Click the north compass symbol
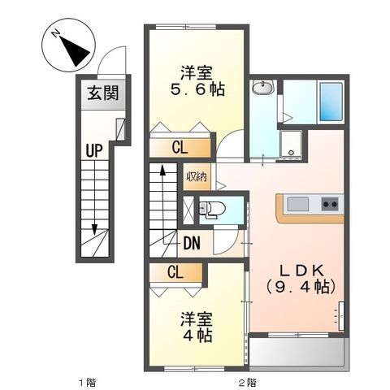[x=68, y=45]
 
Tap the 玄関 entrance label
[x=103, y=93]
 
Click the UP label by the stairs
[x=94, y=150]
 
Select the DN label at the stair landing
[x=192, y=243]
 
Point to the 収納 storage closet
[x=197, y=176]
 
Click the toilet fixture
[x=212, y=209]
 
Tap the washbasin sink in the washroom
[x=263, y=87]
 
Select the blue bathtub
[x=331, y=102]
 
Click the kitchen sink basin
[x=298, y=204]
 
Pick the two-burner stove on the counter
[x=330, y=204]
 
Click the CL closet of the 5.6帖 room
[x=180, y=148]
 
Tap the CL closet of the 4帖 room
[x=175, y=272]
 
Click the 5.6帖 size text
[x=197, y=89]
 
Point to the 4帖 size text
[x=197, y=336]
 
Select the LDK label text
[x=301, y=271]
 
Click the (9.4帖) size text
[x=301, y=287]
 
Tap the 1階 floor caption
[x=87, y=383]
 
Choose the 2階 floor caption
[x=247, y=383]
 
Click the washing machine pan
[x=291, y=144]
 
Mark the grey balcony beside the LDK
[x=297, y=352]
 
